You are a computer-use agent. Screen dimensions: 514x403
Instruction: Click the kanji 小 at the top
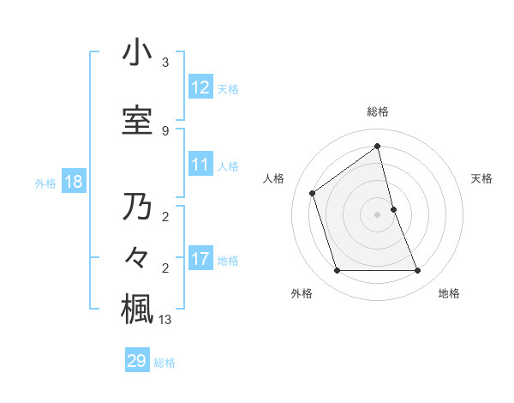(137, 52)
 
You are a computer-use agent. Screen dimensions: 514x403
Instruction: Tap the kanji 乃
(137, 208)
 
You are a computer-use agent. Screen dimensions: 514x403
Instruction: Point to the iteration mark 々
(137, 257)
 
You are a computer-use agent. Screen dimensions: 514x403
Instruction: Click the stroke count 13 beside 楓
(165, 321)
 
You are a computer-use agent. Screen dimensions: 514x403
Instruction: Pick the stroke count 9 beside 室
(165, 130)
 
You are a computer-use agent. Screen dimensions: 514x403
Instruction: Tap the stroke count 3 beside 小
(165, 63)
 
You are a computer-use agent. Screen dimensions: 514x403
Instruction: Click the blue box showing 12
(200, 87)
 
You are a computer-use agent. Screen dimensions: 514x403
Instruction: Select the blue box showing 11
(200, 165)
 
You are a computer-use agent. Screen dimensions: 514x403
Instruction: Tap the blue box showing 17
(200, 259)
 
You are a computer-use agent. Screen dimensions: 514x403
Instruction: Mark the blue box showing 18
(73, 182)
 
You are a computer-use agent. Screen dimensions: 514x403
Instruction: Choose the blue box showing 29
(137, 361)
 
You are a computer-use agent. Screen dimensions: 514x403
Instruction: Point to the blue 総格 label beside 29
(164, 363)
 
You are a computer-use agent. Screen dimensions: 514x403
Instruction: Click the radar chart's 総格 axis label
(378, 111)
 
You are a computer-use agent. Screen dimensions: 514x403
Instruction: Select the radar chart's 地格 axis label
(449, 293)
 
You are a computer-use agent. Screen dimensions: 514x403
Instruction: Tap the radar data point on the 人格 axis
(313, 193)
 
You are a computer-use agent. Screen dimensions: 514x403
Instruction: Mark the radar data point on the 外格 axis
(337, 271)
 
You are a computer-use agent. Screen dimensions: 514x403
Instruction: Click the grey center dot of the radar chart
(378, 214)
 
